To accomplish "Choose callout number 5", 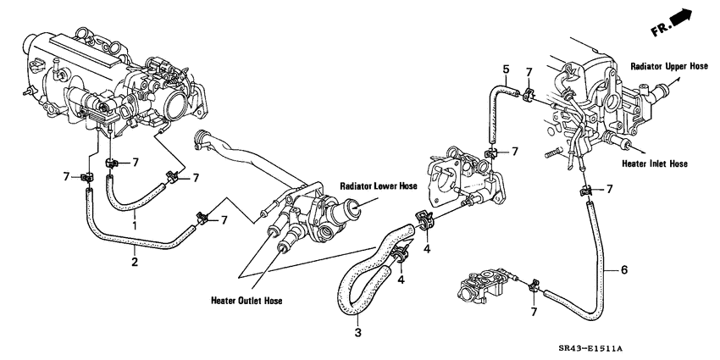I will [x=505, y=69].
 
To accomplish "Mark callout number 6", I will [x=624, y=270].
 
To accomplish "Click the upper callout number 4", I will [x=428, y=248].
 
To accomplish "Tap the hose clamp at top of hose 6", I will [x=584, y=192].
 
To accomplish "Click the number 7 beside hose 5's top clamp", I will [x=529, y=73].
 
